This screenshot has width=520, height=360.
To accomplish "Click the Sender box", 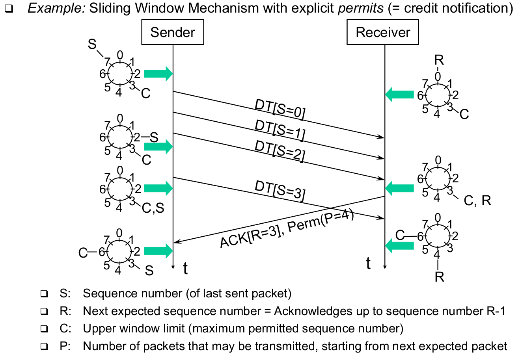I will click(173, 32).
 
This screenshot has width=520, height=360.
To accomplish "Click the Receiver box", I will click(382, 32).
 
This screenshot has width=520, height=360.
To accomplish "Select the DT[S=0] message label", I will click(280, 108).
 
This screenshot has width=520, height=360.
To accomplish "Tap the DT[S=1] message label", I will click(280, 130).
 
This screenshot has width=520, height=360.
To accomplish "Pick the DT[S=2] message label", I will click(280, 151).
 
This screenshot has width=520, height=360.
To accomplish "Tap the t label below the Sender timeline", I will click(185, 268).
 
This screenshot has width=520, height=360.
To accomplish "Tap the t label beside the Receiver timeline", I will click(368, 263).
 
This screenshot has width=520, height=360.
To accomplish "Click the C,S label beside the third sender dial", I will click(153, 208).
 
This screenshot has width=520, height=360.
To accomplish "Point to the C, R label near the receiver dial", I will click(477, 201).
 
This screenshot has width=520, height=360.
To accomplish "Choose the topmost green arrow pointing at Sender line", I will click(158, 74).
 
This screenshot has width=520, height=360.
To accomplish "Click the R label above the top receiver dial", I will click(439, 60).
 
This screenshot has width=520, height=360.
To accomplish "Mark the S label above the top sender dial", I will click(92, 44).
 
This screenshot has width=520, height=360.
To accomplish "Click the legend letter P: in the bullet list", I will click(65, 346).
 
